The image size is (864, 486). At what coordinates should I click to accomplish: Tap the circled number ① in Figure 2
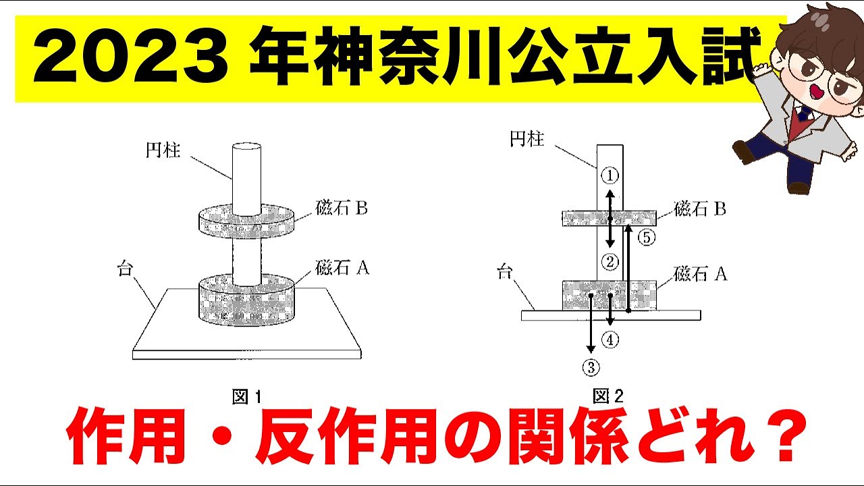pyautogui.click(x=610, y=175)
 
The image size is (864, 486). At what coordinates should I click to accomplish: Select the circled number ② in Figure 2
pyautogui.click(x=610, y=261)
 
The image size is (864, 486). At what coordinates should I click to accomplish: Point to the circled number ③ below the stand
pyautogui.click(x=591, y=367)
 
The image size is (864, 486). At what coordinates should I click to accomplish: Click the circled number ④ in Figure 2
pyautogui.click(x=610, y=340)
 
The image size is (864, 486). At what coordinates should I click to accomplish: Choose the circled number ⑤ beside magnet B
pyautogui.click(x=646, y=238)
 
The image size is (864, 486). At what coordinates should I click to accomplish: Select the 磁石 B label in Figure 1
pyautogui.click(x=341, y=208)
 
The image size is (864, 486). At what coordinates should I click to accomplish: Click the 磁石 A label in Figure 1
pyautogui.click(x=342, y=268)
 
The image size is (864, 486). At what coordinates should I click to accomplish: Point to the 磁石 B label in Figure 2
pyautogui.click(x=700, y=209)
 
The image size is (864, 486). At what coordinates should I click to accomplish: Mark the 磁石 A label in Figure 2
pyautogui.click(x=700, y=273)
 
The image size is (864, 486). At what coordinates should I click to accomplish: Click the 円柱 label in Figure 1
pyautogui.click(x=163, y=151)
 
